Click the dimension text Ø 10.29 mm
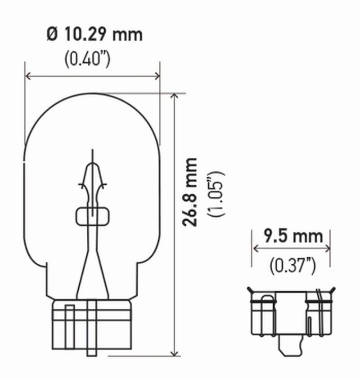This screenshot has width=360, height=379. (94, 35)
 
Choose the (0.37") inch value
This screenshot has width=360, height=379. (292, 266)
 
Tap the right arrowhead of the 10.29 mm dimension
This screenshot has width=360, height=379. (157, 76)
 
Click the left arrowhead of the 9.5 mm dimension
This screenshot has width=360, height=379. (255, 248)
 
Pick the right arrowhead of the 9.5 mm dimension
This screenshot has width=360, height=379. (328, 248)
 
